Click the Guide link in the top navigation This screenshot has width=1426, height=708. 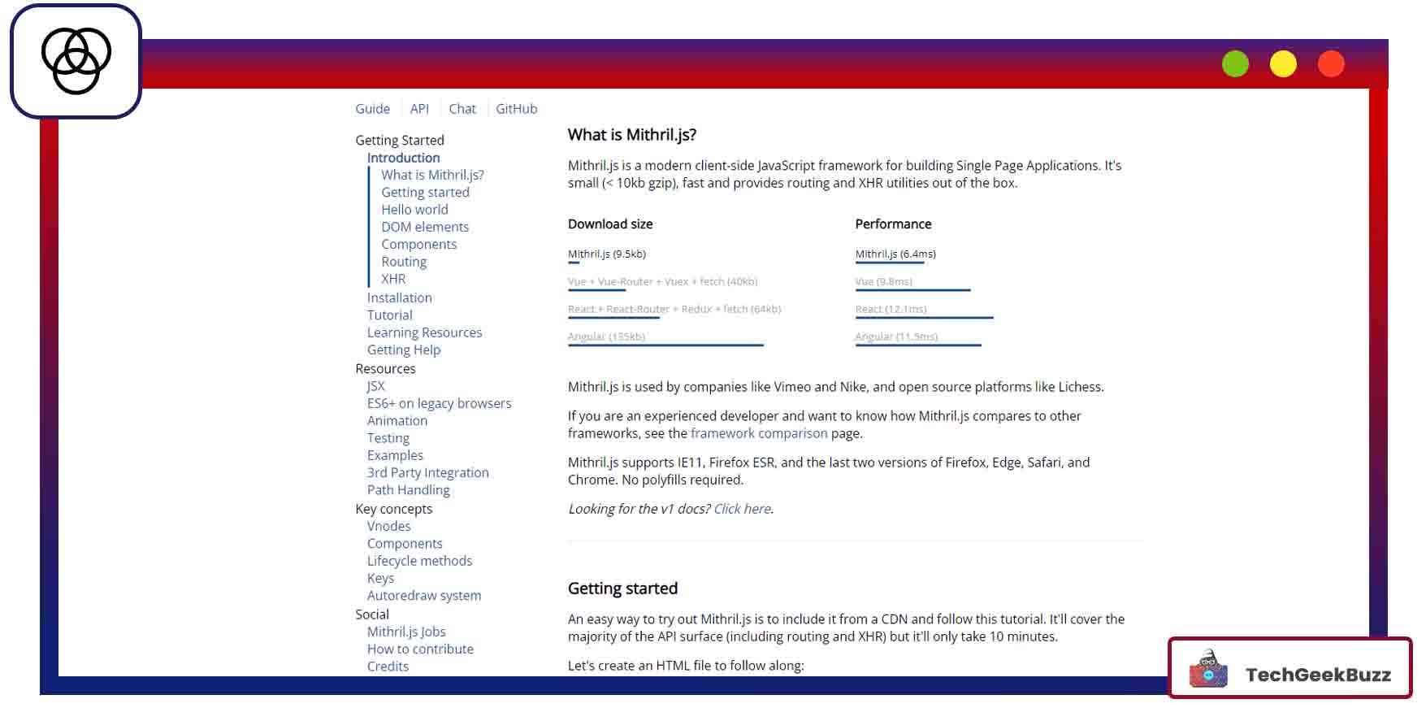click(372, 109)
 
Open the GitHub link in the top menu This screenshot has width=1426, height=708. click(516, 109)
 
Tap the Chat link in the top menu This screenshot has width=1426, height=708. click(462, 109)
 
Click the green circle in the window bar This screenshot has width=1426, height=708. click(1235, 64)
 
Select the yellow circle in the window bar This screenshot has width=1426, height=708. click(1283, 64)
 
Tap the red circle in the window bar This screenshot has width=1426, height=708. click(1331, 64)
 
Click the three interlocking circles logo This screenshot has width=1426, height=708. click(76, 61)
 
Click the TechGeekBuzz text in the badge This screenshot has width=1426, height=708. click(1317, 675)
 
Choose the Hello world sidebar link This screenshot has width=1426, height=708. click(414, 210)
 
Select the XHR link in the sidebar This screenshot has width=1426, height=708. click(393, 279)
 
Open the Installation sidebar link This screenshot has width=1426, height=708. click(399, 298)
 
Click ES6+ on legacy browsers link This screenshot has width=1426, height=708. click(439, 403)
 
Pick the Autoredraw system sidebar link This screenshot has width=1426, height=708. click(423, 596)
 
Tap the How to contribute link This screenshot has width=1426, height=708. click(420, 649)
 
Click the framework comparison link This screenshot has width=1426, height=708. click(758, 433)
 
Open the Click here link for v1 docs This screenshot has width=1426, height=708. click(742, 509)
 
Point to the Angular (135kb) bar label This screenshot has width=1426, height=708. click(606, 337)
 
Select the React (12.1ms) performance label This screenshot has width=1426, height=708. click(891, 309)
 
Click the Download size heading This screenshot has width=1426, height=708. click(609, 224)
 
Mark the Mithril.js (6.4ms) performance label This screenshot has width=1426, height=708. click(895, 254)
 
